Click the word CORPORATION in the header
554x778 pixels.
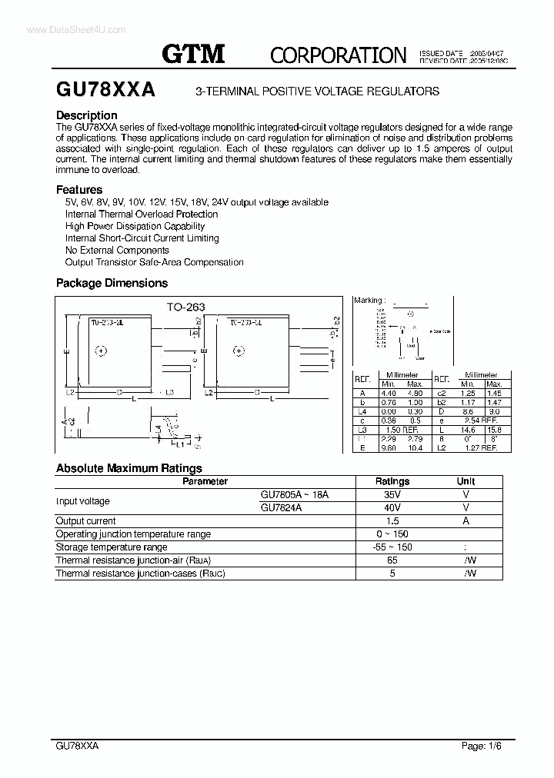(338, 55)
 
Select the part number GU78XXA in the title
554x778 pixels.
(106, 90)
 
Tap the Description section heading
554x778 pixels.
(87, 115)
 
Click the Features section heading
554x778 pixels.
(79, 189)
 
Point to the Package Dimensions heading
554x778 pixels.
(112, 283)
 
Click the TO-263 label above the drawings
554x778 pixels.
(186, 306)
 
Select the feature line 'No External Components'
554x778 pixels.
(117, 250)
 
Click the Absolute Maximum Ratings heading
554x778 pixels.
(128, 467)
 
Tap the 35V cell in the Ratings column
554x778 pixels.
(392, 495)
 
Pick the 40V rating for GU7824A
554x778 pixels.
(392, 508)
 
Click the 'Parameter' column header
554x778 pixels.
(205, 481)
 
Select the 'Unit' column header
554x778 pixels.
(466, 481)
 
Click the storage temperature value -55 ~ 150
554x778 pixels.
(392, 547)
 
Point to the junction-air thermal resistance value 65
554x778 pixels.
(392, 560)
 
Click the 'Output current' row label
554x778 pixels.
(85, 521)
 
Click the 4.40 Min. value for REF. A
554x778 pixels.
(389, 394)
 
